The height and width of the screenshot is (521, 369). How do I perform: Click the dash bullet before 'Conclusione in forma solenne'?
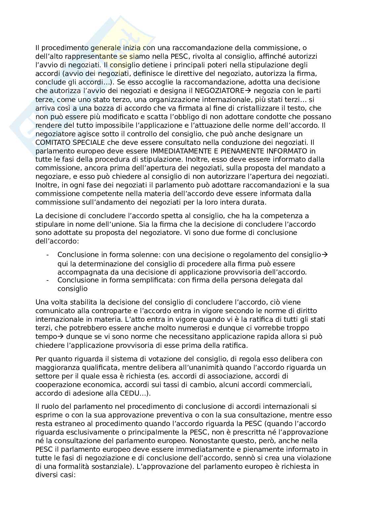48,255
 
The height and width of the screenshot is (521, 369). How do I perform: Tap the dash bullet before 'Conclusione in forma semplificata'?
48,280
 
